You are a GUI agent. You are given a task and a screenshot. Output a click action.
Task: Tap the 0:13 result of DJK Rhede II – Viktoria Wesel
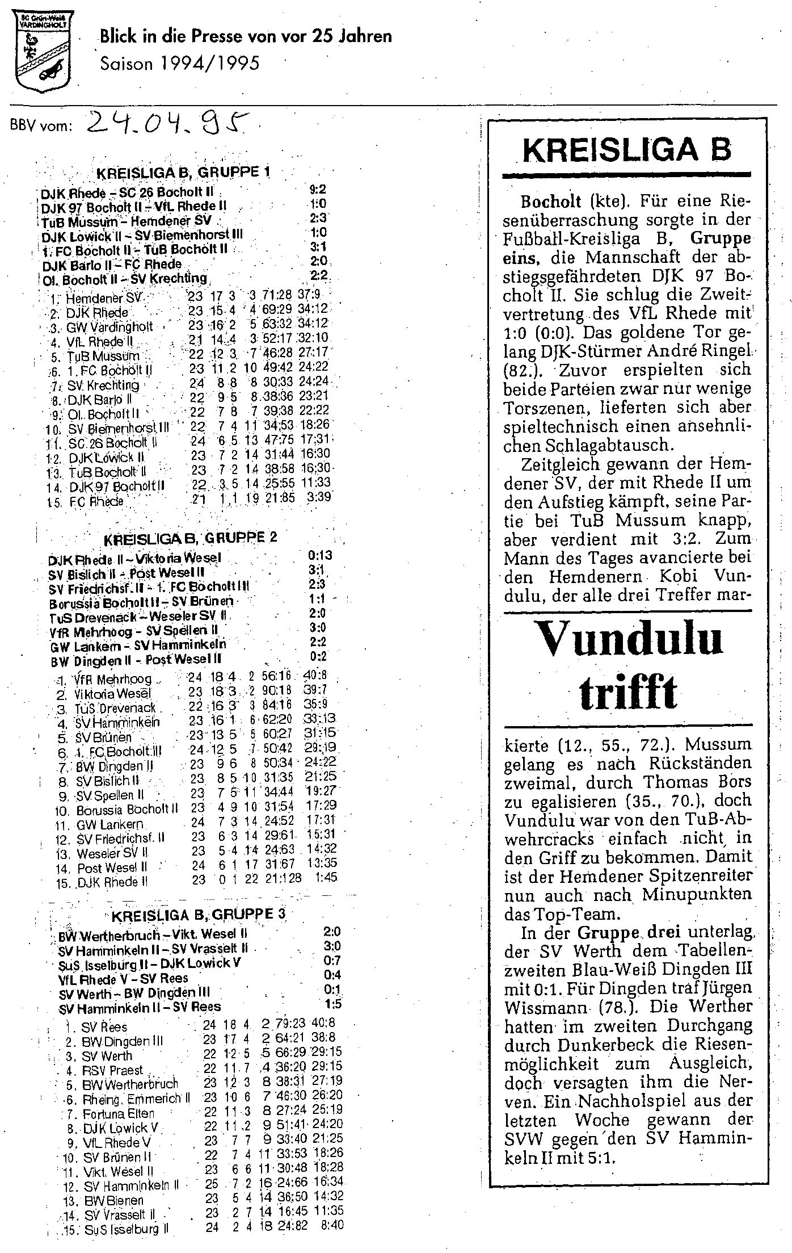tap(319, 555)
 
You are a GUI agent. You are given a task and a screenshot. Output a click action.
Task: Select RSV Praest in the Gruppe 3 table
tap(113, 1070)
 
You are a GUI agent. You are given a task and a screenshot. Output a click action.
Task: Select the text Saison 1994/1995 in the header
tap(179, 64)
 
